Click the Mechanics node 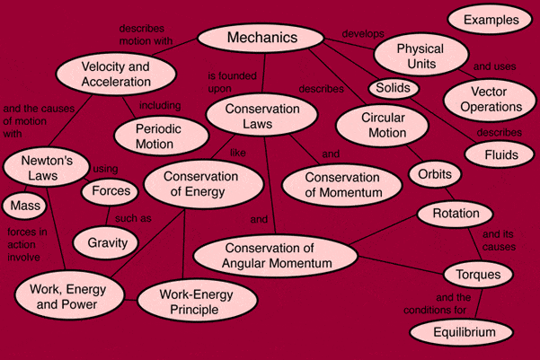261,38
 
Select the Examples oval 490,19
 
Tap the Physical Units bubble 421,55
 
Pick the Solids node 394,88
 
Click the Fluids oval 500,154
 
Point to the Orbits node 435,174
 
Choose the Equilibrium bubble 462,332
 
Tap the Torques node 478,275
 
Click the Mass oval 24,206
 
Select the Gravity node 106,242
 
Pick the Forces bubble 110,191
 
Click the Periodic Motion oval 161,136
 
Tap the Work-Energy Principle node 197,301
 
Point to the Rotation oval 455,214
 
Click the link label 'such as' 133,218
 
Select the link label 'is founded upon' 232,82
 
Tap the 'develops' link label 363,34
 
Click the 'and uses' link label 494,66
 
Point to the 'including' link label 160,105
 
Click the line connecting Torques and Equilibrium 479,303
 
